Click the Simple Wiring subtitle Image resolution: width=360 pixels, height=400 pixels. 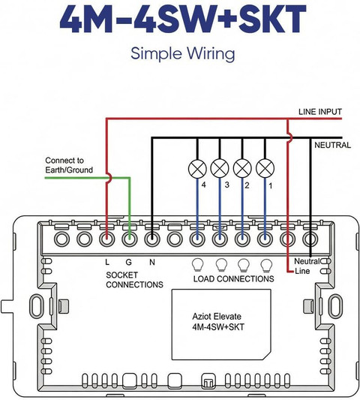click(183, 53)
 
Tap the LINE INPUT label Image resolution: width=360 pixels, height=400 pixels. click(320, 112)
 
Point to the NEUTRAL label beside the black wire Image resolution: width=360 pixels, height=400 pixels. click(332, 145)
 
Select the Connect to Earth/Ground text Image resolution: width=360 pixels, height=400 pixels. click(69, 165)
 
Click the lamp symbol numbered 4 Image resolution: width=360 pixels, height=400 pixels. click(197, 169)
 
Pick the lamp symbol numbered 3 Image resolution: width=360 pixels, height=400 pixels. click(220, 169)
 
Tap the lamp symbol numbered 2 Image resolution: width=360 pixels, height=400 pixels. click(242, 169)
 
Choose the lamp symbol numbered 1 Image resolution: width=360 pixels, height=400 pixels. click(265, 169)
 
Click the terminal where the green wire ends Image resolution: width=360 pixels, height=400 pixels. click(130, 239)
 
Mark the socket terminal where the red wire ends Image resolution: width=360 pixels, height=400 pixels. click(106, 239)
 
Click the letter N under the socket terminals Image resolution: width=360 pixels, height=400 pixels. click(152, 262)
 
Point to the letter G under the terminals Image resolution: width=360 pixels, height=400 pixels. click(129, 262)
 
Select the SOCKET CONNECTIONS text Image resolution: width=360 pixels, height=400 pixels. click(134, 280)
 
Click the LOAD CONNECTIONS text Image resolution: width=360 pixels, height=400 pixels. click(233, 279)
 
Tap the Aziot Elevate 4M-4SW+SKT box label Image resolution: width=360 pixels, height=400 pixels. click(218, 322)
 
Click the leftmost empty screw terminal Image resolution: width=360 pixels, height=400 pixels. click(62, 239)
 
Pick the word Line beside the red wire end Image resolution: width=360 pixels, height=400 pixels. click(302, 271)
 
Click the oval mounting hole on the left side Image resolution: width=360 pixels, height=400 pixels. click(37, 305)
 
